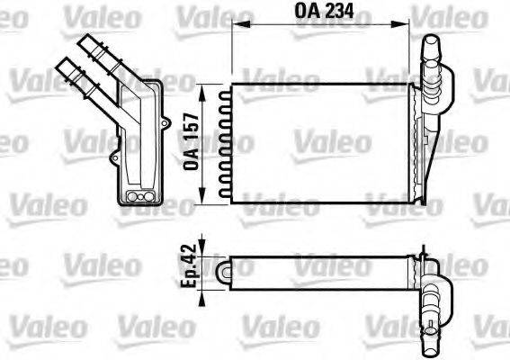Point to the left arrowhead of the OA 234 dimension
236,27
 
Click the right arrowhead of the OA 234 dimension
421,27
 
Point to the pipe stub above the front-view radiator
431,56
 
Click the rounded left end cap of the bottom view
224,268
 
